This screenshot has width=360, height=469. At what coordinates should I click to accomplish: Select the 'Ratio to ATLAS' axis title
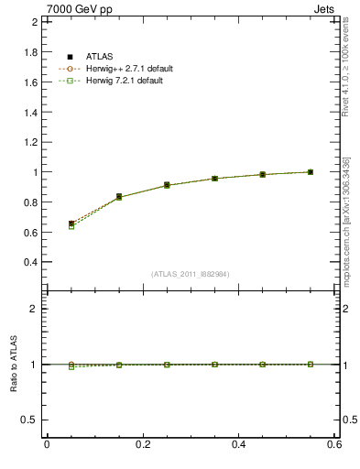14,365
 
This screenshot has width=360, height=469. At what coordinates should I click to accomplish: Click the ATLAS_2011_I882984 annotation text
190,275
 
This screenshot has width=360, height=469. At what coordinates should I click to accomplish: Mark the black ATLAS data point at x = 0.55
311,171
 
